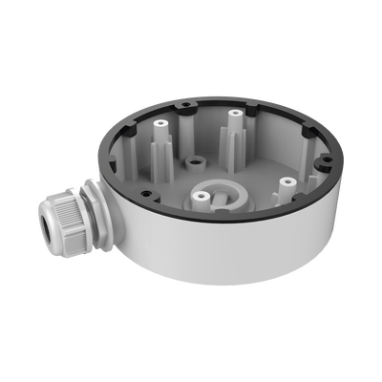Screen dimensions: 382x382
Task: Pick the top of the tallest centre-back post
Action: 232,114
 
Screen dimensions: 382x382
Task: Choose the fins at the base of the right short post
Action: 285,189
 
